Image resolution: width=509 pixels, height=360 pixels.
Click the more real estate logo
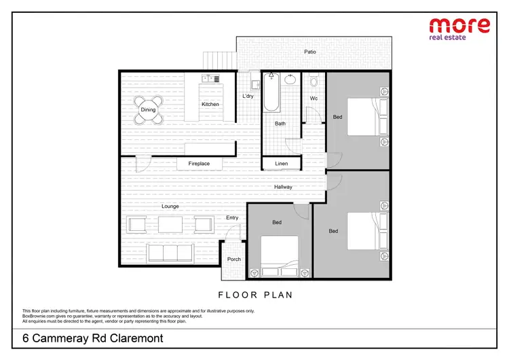460,29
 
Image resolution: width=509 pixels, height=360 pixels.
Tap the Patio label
309,52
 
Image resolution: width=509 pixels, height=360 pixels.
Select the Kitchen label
210,104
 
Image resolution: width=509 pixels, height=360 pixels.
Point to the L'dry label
248,96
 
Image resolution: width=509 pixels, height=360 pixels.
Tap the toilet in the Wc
314,82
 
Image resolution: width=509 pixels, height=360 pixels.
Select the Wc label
314,99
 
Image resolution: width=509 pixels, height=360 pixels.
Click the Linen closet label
281,164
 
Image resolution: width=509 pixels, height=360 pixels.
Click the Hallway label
283,187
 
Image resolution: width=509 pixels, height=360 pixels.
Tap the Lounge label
170,205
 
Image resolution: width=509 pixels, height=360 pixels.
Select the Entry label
232,218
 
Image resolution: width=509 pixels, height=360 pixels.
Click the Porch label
234,259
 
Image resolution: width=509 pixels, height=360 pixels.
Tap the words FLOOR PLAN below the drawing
254,295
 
